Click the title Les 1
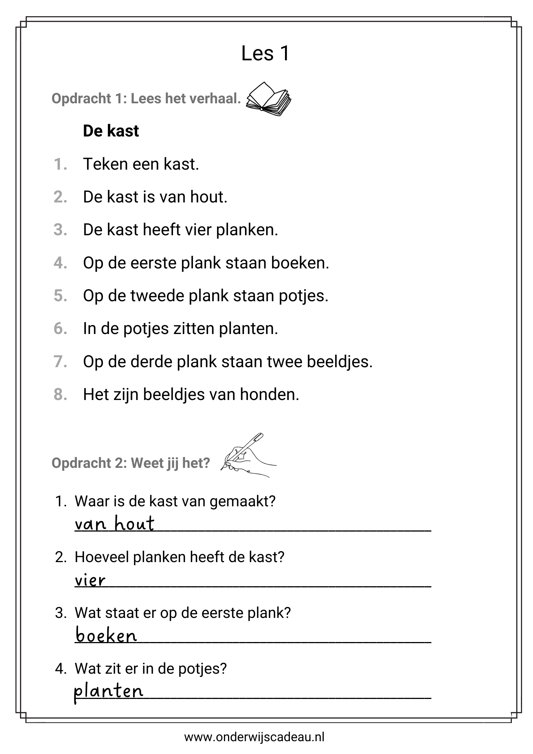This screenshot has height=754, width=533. pyautogui.click(x=265, y=53)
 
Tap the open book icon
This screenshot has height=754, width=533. pyautogui.click(x=268, y=99)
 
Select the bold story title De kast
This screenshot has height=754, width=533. pyautogui.click(x=111, y=131)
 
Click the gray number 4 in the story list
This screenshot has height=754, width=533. pyautogui.click(x=60, y=263)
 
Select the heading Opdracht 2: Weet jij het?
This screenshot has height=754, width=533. pyautogui.click(x=130, y=463)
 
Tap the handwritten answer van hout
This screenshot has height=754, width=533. pyautogui.click(x=114, y=524)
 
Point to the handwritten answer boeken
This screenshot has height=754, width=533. pyautogui.click(x=106, y=635)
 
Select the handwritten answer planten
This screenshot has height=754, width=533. pyautogui.click(x=108, y=691)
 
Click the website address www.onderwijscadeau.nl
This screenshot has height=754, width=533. pyautogui.click(x=254, y=737)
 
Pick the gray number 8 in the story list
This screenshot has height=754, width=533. pyautogui.click(x=60, y=395)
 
